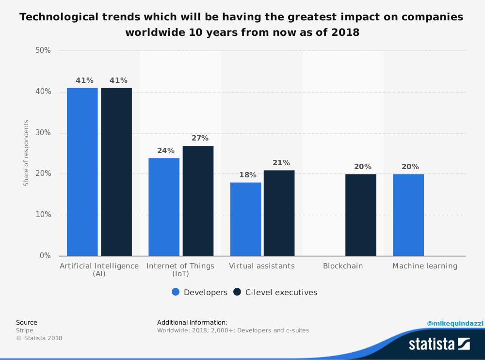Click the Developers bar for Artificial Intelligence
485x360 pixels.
click(x=82, y=172)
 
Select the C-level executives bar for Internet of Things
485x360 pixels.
click(x=198, y=201)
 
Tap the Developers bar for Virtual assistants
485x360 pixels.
click(x=245, y=219)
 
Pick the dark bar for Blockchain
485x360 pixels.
click(x=360, y=215)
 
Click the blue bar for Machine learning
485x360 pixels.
click(x=408, y=215)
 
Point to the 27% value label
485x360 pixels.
click(x=200, y=138)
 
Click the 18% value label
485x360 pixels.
click(x=248, y=175)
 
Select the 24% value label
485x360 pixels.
click(x=166, y=151)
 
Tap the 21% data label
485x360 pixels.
click(x=281, y=163)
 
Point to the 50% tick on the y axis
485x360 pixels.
click(x=43, y=50)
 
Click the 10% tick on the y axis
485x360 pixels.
click(x=43, y=215)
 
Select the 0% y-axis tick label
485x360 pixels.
click(x=45, y=256)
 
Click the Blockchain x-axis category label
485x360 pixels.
click(x=343, y=266)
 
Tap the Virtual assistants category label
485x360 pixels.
click(x=261, y=266)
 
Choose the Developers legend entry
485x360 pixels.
click(x=199, y=292)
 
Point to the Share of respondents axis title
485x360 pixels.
click(x=26, y=153)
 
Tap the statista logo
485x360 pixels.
click(x=439, y=344)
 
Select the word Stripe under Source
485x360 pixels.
click(x=25, y=330)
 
